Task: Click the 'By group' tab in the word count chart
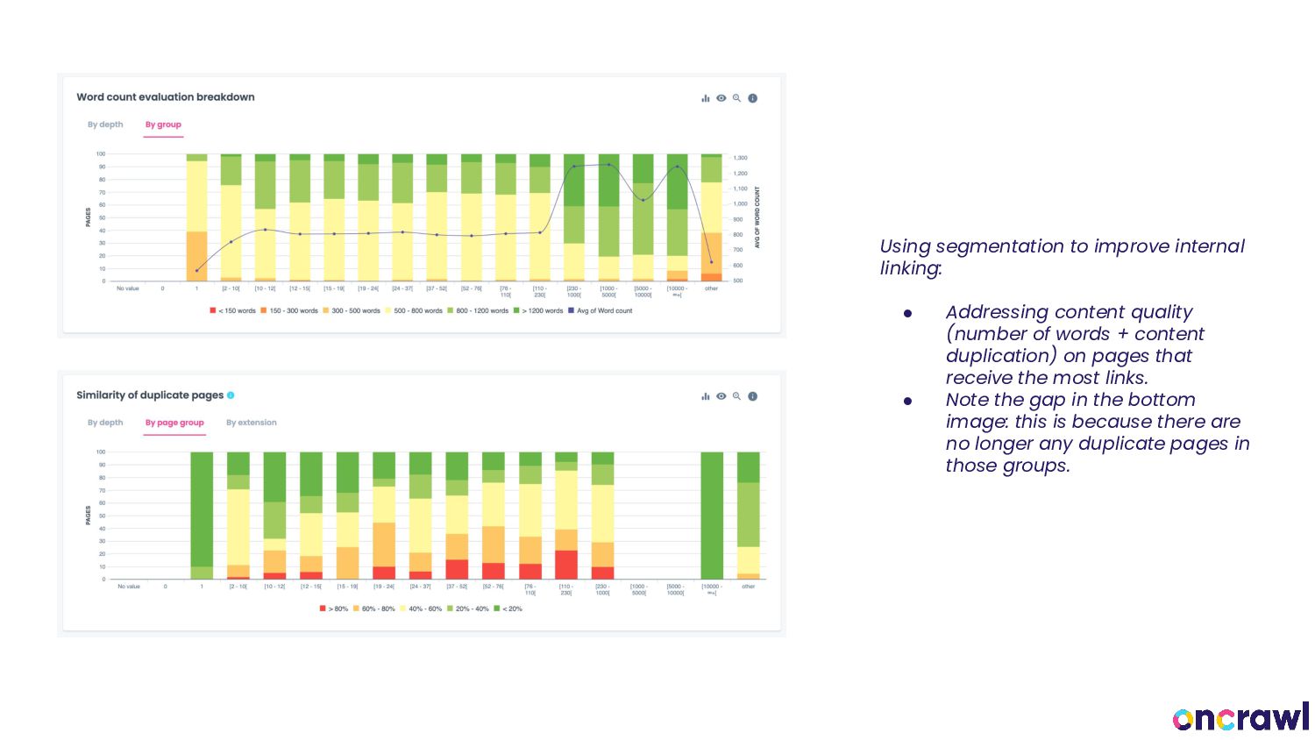click(163, 125)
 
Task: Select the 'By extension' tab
click(251, 423)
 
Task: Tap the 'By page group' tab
click(174, 423)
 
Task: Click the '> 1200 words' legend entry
click(542, 310)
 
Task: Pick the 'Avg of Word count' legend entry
click(603, 310)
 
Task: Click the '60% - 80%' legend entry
click(378, 608)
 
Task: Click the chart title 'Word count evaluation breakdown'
click(166, 97)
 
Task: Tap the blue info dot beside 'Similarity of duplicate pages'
click(231, 395)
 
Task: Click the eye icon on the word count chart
click(721, 98)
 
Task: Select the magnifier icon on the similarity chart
click(736, 396)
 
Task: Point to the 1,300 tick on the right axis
click(741, 158)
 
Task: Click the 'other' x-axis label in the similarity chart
click(748, 587)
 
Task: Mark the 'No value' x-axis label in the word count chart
click(128, 288)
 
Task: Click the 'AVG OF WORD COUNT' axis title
click(757, 217)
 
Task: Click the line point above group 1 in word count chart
click(196, 270)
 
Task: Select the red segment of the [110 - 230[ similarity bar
click(566, 565)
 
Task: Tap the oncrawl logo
click(1240, 717)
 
